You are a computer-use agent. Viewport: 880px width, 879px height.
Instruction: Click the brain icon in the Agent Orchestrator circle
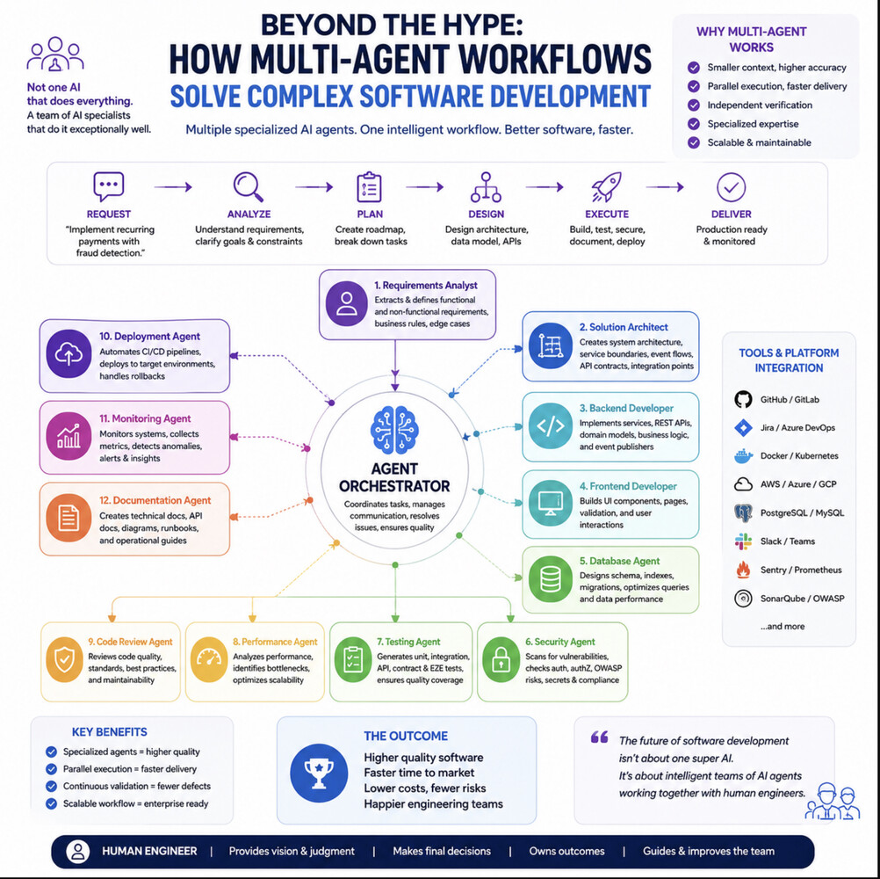click(x=394, y=430)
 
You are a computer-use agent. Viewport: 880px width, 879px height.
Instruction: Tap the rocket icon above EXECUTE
click(x=607, y=186)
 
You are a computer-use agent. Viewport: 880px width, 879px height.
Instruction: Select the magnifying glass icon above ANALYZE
click(x=248, y=186)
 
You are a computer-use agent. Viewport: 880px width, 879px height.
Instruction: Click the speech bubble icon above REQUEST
click(x=108, y=186)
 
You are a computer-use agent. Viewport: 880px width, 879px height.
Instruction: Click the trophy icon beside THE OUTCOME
click(x=319, y=774)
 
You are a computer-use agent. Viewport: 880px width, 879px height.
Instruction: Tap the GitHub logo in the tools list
click(x=743, y=399)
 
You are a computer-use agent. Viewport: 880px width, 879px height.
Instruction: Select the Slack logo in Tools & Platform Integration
click(x=743, y=541)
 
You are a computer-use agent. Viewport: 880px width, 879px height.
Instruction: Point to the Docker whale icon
click(x=743, y=456)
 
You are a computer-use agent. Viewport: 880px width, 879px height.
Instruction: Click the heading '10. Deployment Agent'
click(x=149, y=337)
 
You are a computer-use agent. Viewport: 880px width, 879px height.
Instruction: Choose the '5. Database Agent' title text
click(x=619, y=561)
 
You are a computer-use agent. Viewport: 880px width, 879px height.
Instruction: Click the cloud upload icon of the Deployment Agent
click(x=69, y=354)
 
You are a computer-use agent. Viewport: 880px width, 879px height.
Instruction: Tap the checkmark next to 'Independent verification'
click(x=694, y=105)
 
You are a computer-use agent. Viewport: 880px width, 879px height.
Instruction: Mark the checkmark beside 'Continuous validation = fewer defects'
click(x=51, y=787)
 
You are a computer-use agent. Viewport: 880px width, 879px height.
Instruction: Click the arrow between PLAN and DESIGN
click(x=424, y=186)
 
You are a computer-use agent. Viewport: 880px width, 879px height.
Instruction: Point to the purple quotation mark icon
click(x=599, y=737)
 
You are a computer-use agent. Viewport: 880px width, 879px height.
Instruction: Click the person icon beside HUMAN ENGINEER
click(x=78, y=852)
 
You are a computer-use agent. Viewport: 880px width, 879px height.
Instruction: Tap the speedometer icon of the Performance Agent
click(x=209, y=659)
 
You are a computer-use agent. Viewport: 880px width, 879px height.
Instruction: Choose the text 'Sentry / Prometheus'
click(x=801, y=570)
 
